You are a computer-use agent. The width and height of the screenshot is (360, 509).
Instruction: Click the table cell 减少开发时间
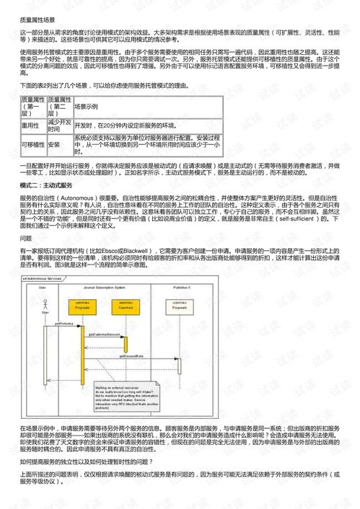59,125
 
